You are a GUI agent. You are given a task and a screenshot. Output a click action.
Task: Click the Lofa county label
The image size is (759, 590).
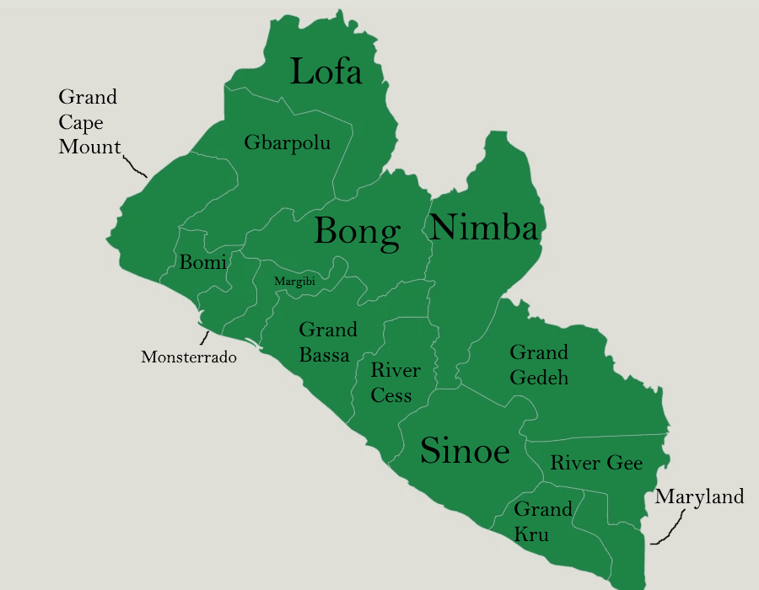click(326, 72)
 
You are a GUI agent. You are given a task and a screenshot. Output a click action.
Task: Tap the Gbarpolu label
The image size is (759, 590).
click(287, 142)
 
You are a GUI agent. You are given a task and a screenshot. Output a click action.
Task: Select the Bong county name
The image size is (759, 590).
click(357, 231)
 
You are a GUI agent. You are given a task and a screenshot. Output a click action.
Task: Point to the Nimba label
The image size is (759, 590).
click(483, 228)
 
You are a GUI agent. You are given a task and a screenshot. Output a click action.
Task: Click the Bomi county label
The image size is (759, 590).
click(203, 262)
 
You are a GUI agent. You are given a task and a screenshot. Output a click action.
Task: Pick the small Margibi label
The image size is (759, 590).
click(294, 282)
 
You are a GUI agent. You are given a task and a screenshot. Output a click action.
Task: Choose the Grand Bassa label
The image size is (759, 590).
click(327, 341)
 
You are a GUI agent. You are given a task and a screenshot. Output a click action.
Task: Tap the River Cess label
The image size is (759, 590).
click(395, 383)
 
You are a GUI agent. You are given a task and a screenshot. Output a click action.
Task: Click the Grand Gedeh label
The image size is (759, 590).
click(539, 364)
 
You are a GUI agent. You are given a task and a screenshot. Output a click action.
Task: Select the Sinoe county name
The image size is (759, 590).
click(465, 451)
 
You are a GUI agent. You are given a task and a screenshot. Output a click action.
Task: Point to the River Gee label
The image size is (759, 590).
click(596, 463)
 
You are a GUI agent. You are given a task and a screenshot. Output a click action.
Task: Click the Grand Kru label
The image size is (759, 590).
click(542, 522)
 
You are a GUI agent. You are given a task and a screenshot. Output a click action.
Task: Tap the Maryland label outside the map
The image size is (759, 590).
click(699, 496)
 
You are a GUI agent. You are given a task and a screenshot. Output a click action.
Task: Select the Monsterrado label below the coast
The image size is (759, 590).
click(189, 357)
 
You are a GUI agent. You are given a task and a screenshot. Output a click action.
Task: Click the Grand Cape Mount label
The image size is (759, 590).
click(89, 122)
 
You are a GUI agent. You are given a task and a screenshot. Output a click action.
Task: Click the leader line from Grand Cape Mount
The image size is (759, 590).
click(135, 165)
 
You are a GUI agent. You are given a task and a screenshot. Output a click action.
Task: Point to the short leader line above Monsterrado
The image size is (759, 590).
click(204, 338)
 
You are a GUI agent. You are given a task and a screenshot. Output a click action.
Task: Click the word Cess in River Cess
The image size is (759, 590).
click(391, 395)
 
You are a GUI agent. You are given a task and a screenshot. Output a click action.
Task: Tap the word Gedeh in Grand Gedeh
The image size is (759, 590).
click(539, 377)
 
